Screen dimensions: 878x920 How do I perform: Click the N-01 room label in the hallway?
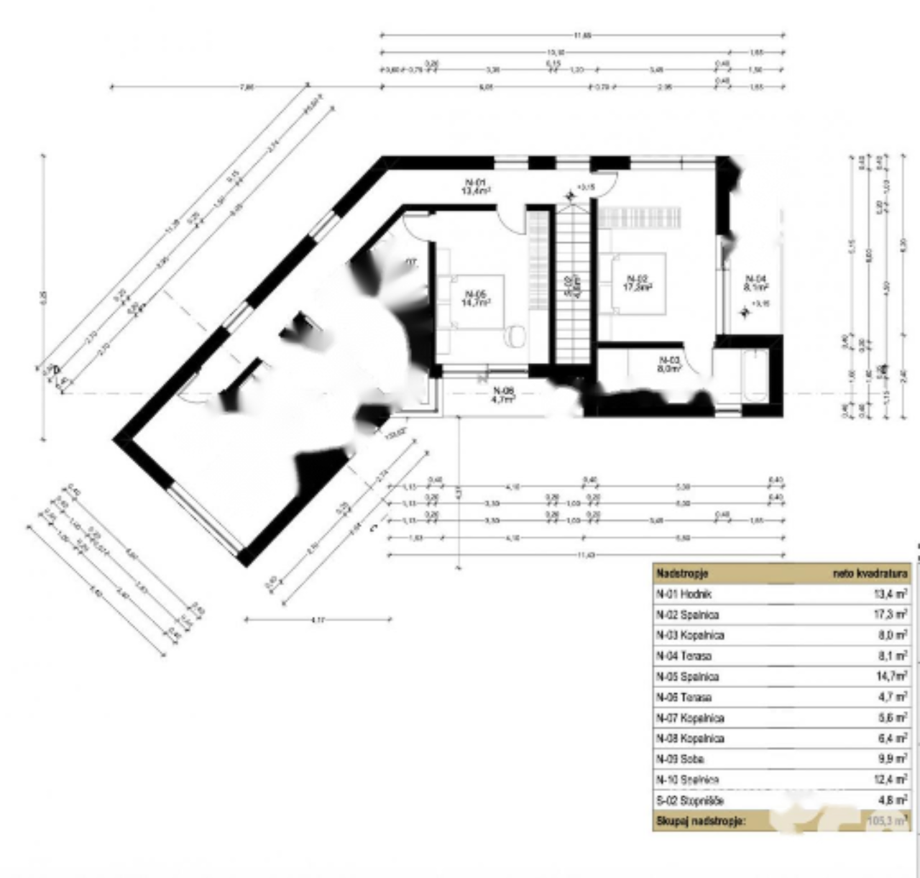pos(476,186)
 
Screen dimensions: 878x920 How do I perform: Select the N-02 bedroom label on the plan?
pos(638,283)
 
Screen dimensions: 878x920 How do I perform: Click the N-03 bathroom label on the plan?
pos(669,364)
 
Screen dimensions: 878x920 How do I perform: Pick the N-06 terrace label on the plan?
pos(504,395)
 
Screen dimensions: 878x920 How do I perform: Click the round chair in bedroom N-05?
pos(515,335)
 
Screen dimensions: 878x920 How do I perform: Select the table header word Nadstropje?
pos(682,574)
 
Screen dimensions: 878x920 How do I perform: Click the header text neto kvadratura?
pos(870,574)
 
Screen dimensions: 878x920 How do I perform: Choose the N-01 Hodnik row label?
pos(684,594)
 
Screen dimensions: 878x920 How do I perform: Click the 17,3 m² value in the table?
pos(891,615)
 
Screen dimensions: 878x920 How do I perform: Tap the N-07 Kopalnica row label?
pos(690,718)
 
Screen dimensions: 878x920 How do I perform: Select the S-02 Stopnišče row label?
pos(690,800)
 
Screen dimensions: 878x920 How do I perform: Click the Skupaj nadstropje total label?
pos(701,820)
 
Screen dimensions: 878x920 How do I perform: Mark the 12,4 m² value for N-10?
pos(891,779)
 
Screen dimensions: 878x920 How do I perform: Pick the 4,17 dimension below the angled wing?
pos(318,619)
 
